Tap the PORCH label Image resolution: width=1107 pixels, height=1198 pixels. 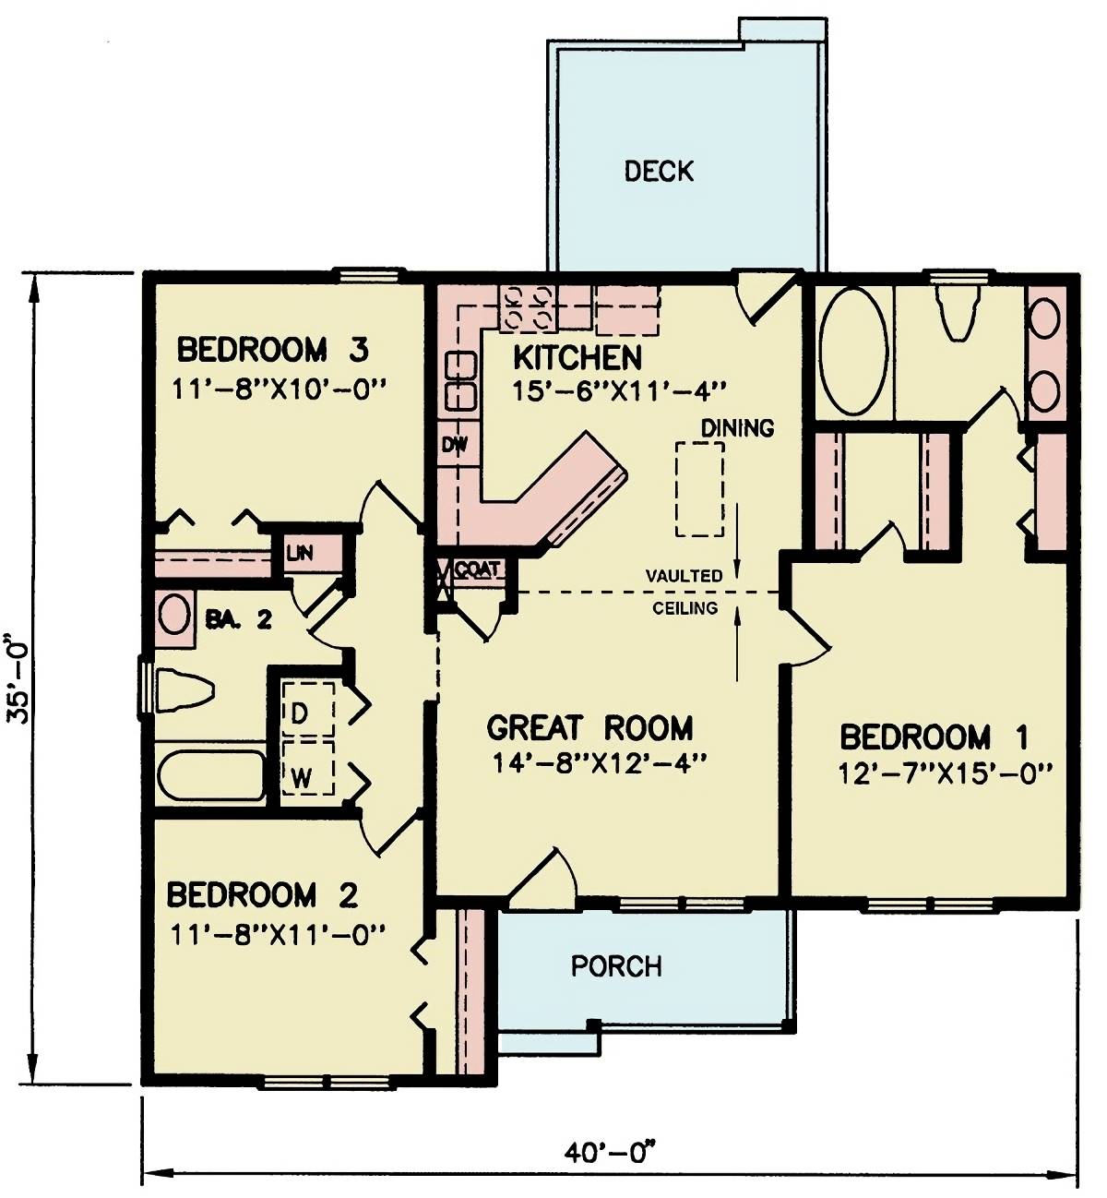tap(615, 965)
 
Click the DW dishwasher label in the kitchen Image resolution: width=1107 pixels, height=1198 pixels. tap(454, 445)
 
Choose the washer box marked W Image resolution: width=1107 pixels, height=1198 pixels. tap(307, 767)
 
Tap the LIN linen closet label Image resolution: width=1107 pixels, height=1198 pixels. tap(299, 553)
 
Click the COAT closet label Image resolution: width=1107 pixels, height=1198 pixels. tap(476, 569)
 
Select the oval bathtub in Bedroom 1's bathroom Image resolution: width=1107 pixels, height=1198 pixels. tap(854, 351)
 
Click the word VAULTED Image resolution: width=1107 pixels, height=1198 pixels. tap(684, 576)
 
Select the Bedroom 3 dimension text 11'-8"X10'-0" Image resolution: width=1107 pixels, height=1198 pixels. tap(278, 389)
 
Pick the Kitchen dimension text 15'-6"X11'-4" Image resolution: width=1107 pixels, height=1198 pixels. tap(617, 391)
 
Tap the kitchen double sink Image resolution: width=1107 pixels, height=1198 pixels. tap(460, 381)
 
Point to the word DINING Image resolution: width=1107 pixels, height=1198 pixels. tap(737, 427)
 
